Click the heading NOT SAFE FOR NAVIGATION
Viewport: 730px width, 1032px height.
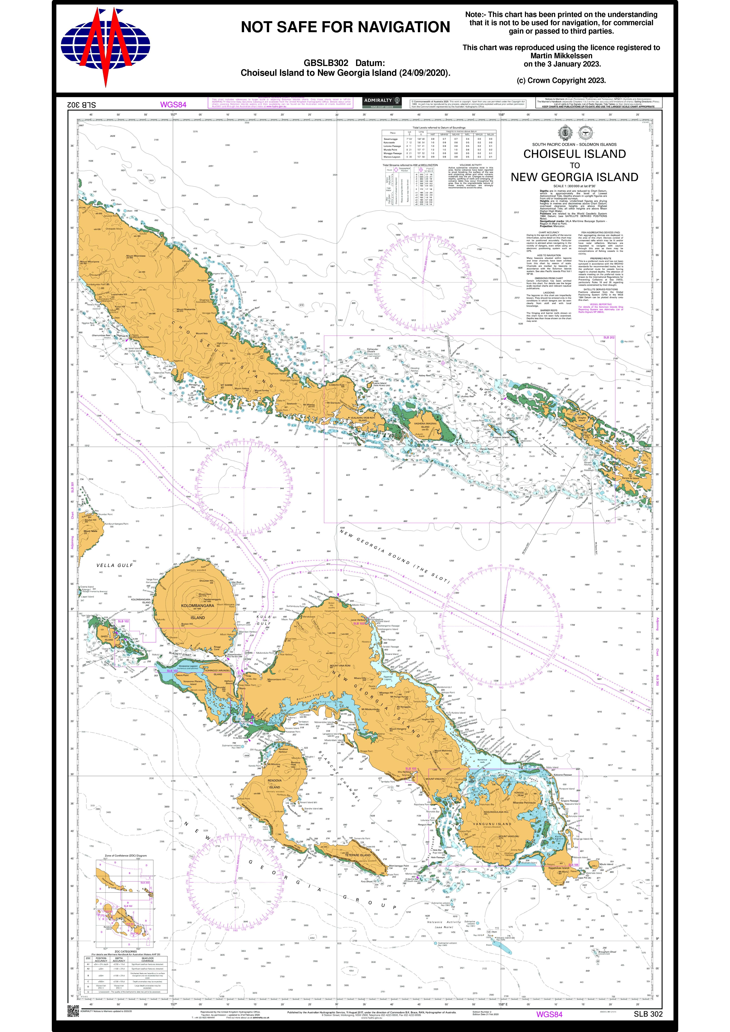pyautogui.click(x=345, y=27)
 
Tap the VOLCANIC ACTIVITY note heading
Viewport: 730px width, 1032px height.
pyautogui.click(x=471, y=165)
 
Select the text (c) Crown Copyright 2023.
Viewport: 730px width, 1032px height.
pyautogui.click(x=561, y=80)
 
